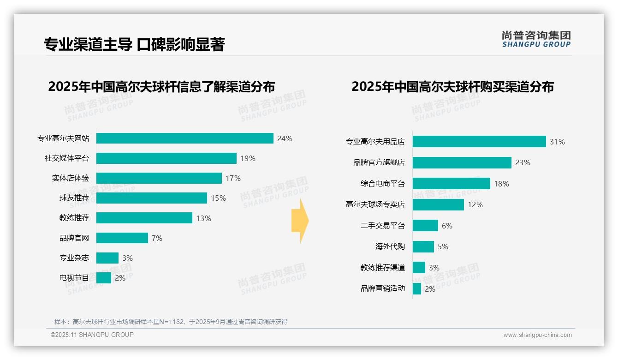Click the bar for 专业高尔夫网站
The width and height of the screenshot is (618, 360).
coord(184,138)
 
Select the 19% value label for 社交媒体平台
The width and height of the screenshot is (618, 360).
coord(248,158)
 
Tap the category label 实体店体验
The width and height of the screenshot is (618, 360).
coord(70,178)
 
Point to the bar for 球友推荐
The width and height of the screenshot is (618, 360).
coord(151,198)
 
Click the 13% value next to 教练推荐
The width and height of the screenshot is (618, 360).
coord(203,218)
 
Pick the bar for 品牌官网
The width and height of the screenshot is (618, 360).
coord(122,238)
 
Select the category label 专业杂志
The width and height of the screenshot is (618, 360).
coord(74,258)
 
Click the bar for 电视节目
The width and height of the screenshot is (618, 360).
coord(104,278)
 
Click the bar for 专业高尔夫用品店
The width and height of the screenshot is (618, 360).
coord(479,142)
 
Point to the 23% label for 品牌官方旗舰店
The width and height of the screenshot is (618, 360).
coord(523,162)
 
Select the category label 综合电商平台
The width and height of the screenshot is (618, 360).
coord(382,184)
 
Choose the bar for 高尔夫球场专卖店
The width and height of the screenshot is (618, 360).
coord(438,204)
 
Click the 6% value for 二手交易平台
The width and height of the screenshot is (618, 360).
coord(447,226)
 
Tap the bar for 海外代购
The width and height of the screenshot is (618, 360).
coord(423,246)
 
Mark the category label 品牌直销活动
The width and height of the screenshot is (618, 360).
coord(382,288)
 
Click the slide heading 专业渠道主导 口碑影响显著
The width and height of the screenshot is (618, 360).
coord(134,44)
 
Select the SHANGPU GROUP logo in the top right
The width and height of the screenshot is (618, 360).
coord(536,39)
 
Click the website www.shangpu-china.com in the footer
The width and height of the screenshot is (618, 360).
coord(537,335)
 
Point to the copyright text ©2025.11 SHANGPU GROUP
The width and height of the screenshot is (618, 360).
coord(92,335)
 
